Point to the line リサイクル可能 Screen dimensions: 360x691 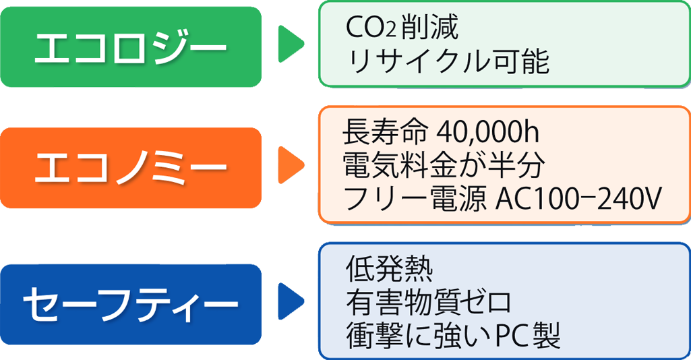point(447,62)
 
